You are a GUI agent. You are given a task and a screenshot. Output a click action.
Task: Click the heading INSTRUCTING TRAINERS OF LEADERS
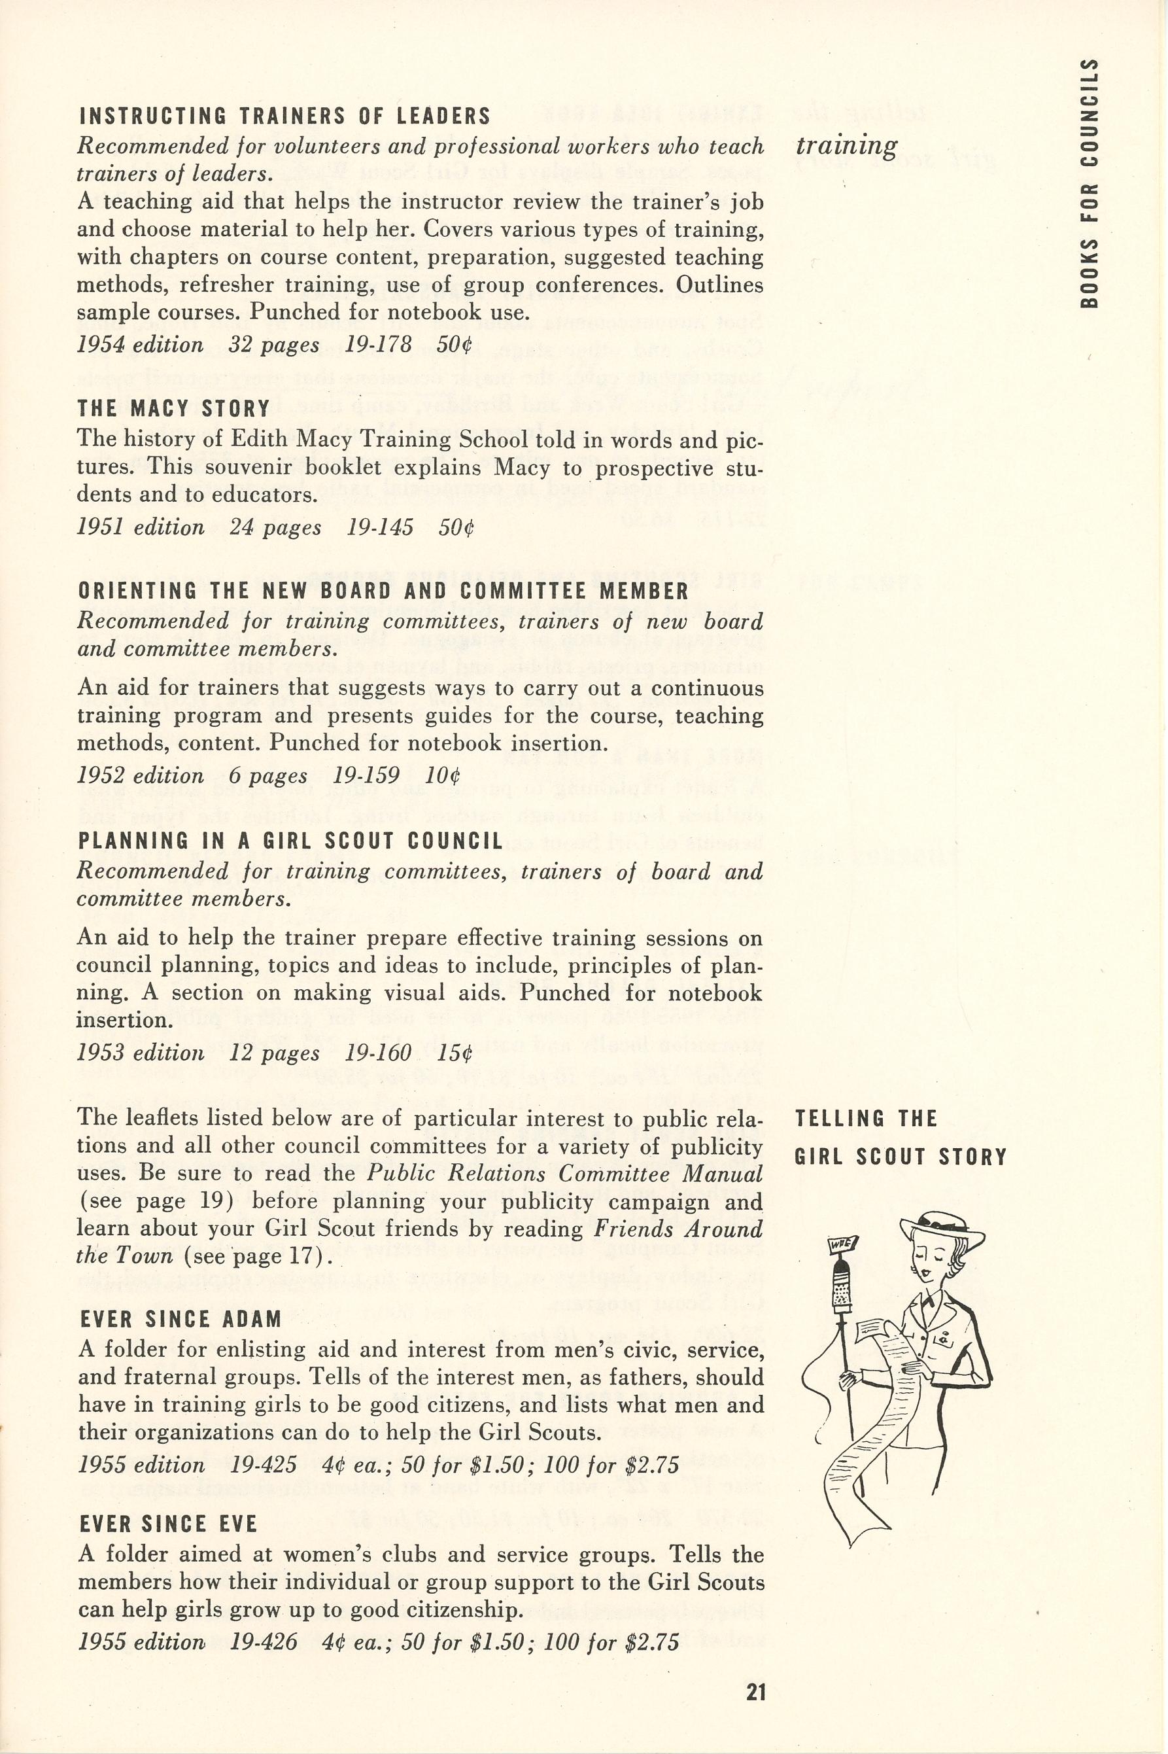(x=284, y=116)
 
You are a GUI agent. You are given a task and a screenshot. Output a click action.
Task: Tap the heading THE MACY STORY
(x=173, y=409)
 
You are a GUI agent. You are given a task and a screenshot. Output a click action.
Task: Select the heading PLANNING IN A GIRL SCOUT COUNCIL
(x=290, y=841)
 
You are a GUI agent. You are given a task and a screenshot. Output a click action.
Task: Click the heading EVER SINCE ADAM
(x=180, y=1320)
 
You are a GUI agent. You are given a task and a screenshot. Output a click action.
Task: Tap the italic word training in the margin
(x=846, y=145)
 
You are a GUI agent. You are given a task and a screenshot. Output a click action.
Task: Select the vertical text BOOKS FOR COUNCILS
(x=1089, y=183)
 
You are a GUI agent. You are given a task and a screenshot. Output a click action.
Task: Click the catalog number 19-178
(x=379, y=345)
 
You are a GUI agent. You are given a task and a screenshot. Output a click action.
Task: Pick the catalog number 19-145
(x=380, y=527)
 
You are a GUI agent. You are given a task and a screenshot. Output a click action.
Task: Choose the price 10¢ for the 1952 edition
(x=443, y=776)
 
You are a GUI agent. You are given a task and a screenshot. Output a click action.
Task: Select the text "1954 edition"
(x=140, y=345)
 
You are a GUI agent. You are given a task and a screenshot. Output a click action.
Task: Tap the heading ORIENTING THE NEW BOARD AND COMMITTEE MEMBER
(x=383, y=591)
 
